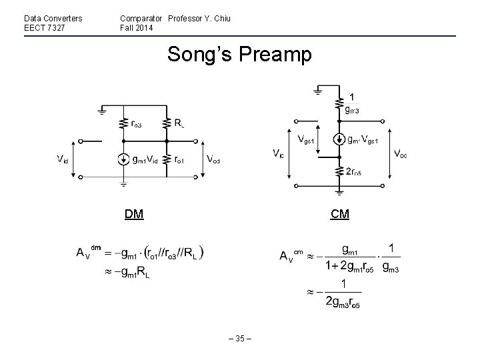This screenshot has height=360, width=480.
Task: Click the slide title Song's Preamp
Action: tap(239, 55)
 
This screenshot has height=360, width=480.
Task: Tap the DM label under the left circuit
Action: tap(134, 214)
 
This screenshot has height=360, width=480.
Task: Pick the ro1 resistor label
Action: tap(179, 160)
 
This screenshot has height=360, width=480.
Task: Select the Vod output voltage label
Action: tap(214, 160)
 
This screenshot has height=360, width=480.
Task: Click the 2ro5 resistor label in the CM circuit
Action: tap(353, 173)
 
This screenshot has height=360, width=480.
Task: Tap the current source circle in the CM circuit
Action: tap(339, 141)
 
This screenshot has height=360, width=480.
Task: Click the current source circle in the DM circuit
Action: tap(123, 159)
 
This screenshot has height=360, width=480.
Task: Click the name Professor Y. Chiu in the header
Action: tap(199, 18)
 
